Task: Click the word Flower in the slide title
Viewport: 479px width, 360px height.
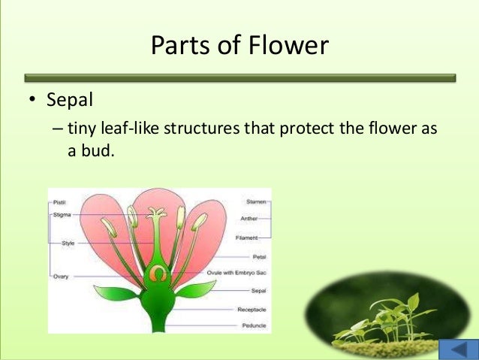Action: (289, 46)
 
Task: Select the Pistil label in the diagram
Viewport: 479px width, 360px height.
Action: (59, 202)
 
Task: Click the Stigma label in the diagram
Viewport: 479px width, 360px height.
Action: (61, 215)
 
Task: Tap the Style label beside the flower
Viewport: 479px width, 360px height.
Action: (67, 244)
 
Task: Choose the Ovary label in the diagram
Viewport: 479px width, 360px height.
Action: (61, 276)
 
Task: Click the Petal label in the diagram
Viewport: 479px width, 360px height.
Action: (259, 256)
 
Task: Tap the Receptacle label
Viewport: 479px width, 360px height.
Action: (252, 309)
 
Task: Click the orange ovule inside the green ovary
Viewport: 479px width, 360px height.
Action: (157, 274)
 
